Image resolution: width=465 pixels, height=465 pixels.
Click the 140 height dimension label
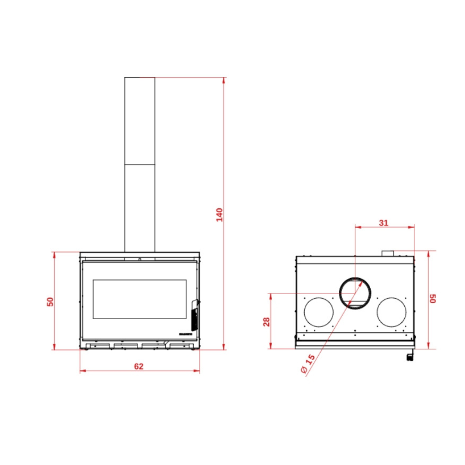pyautogui.click(x=220, y=214)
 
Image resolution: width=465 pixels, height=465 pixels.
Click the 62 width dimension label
pyautogui.click(x=138, y=366)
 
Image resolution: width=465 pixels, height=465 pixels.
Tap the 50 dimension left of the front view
pyautogui.click(x=50, y=301)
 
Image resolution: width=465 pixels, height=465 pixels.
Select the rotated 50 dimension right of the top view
pyautogui.click(x=433, y=298)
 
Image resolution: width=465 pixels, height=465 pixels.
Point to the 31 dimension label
pyautogui.click(x=384, y=223)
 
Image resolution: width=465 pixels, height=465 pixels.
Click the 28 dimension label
pyautogui.click(x=267, y=322)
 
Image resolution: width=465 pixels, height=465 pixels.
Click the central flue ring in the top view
pyautogui.click(x=355, y=292)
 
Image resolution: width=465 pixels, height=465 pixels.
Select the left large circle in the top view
pyautogui.click(x=319, y=312)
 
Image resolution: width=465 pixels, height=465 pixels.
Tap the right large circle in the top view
pyautogui.click(x=391, y=312)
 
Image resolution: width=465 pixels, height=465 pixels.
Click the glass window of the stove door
pyautogui.click(x=139, y=299)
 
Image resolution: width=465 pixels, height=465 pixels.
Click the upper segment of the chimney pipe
pyautogui.click(x=139, y=121)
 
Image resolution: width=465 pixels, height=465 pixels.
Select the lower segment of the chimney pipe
pyautogui.click(x=139, y=208)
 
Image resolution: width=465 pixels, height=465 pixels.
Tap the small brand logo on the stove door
pyautogui.click(x=186, y=334)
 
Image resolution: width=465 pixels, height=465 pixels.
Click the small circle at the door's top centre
pyautogui.click(x=139, y=259)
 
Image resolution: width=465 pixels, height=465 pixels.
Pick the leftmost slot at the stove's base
pyautogui.click(x=98, y=346)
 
